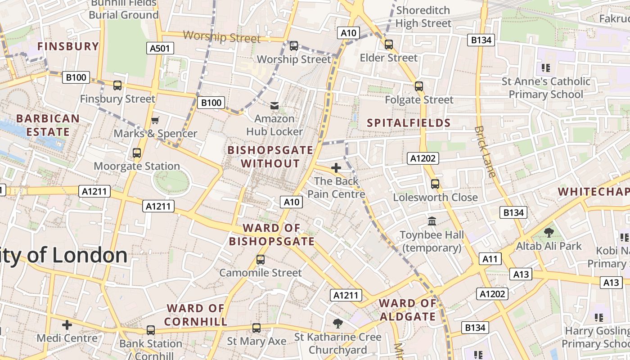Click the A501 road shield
pyautogui.click(x=160, y=48)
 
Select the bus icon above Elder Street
pyautogui.click(x=389, y=45)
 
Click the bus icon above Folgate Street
pyautogui.click(x=419, y=86)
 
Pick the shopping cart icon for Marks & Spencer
pyautogui.click(x=155, y=120)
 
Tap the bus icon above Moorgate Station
pyautogui.click(x=137, y=153)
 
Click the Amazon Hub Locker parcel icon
pyautogui.click(x=274, y=106)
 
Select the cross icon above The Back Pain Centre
pyautogui.click(x=336, y=168)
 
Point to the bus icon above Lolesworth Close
pyautogui.click(x=435, y=184)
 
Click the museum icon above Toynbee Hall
pyautogui.click(x=432, y=221)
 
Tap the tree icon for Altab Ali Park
pyautogui.click(x=549, y=233)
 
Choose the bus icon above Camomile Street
pyautogui.click(x=261, y=260)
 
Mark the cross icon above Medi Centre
pyautogui.click(x=67, y=324)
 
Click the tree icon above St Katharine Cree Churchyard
pyautogui.click(x=337, y=323)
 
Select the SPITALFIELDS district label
pyautogui.click(x=409, y=123)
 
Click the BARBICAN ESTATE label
pyautogui.click(x=48, y=125)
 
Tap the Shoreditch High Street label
pyautogui.click(x=423, y=17)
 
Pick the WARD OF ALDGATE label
pyautogui.click(x=408, y=310)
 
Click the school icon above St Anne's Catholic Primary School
pyautogui.click(x=546, y=68)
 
